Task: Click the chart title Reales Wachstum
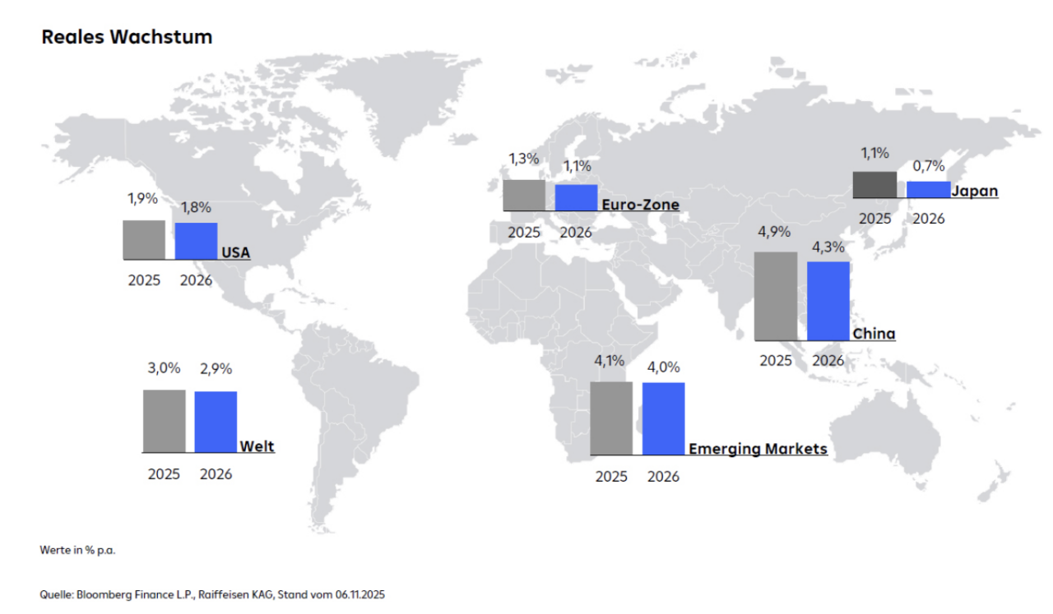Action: (x=127, y=37)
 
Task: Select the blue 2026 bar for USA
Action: (x=196, y=241)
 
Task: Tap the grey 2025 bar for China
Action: (x=775, y=296)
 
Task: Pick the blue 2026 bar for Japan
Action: (x=928, y=189)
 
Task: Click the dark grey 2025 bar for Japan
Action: (x=874, y=185)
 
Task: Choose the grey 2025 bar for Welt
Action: (x=164, y=421)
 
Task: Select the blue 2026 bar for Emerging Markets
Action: (x=663, y=418)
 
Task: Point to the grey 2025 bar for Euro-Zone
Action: (x=524, y=196)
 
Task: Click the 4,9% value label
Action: (x=774, y=233)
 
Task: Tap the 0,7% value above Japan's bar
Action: (x=929, y=166)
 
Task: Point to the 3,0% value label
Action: (x=164, y=368)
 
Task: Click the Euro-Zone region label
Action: (x=640, y=205)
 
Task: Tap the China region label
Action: (x=874, y=334)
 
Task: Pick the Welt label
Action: (x=257, y=447)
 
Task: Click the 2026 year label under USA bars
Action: (x=196, y=280)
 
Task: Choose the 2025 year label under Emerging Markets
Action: (x=611, y=477)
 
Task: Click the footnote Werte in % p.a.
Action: (x=77, y=550)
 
